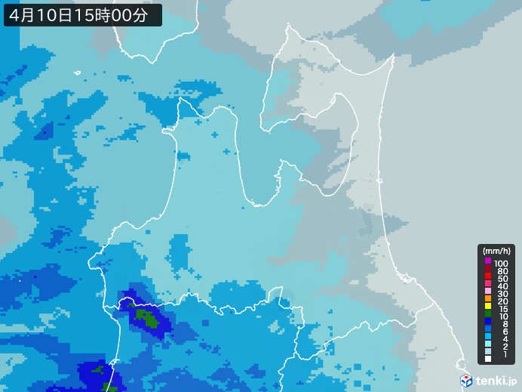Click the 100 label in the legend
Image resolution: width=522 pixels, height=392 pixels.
[x=502, y=262]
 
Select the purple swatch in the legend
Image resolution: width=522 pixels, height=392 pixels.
[x=488, y=261]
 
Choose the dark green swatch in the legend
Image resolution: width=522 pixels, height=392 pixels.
[x=488, y=316]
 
